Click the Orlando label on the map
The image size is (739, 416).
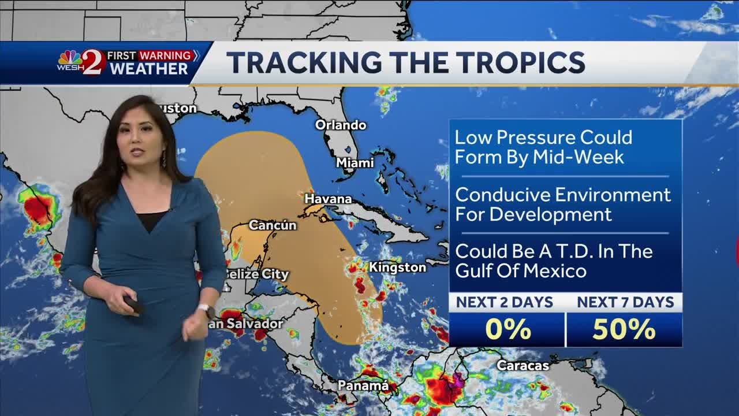pyautogui.click(x=341, y=125)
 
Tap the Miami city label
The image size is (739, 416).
pyautogui.click(x=355, y=163)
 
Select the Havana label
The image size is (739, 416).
pyautogui.click(x=328, y=199)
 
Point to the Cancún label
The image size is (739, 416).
pyautogui.click(x=273, y=225)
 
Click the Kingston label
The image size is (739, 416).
pyautogui.click(x=397, y=268)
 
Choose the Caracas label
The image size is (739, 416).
pyautogui.click(x=523, y=365)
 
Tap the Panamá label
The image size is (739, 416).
pyautogui.click(x=363, y=385)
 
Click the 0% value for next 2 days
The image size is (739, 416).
pyautogui.click(x=507, y=329)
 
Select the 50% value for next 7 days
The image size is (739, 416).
pyautogui.click(x=624, y=329)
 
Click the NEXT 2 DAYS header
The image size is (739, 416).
pyautogui.click(x=505, y=302)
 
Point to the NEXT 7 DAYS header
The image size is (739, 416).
pyautogui.click(x=625, y=302)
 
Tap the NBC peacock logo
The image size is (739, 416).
pyautogui.click(x=70, y=58)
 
